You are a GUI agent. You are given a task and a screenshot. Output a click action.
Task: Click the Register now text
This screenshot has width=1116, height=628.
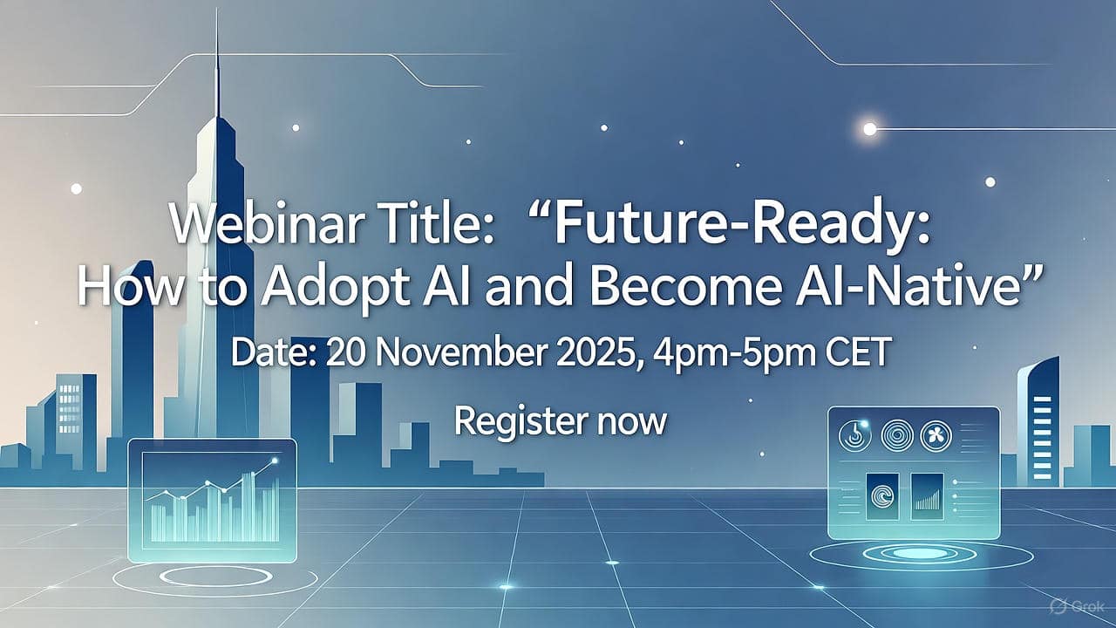[561, 422]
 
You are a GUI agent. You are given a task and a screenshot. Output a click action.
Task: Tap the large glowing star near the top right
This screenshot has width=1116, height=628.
[869, 129]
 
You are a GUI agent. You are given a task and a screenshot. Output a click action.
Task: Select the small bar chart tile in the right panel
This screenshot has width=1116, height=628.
[927, 493]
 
